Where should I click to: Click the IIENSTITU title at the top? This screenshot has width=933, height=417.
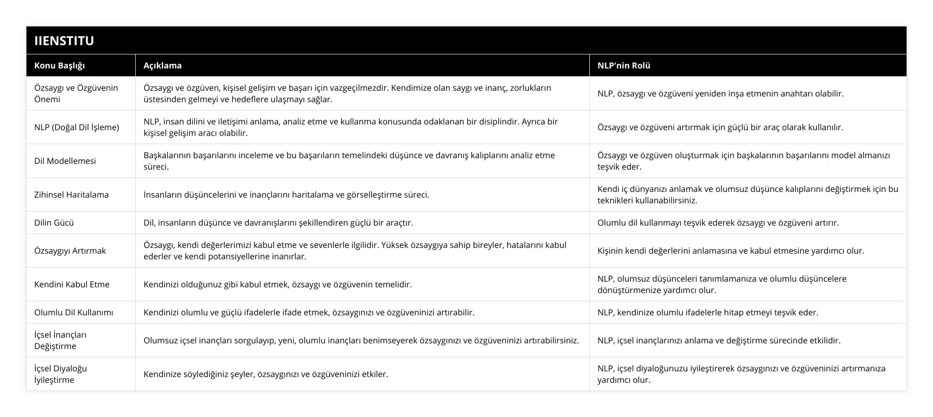point(64,40)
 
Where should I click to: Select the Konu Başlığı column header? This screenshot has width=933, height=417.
point(60,65)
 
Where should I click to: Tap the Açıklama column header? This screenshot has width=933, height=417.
point(162,65)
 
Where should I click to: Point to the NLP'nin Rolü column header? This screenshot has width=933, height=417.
point(624,65)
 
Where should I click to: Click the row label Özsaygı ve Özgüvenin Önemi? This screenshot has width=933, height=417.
point(76,93)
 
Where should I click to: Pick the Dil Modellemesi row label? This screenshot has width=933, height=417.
point(65,161)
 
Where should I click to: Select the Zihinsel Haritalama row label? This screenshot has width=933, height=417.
point(72,194)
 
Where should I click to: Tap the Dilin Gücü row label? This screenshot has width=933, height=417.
point(54,223)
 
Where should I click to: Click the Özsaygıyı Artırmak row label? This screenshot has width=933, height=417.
point(70,251)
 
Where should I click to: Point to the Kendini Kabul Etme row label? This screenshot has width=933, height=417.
point(72,284)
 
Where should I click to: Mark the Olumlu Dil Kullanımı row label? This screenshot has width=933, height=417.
point(74,312)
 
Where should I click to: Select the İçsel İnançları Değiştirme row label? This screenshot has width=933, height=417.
point(61,340)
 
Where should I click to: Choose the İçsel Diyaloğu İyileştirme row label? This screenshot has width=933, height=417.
point(61,374)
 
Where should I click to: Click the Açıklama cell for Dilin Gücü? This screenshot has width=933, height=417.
point(278,223)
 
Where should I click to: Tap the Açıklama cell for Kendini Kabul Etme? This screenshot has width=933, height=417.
point(277,284)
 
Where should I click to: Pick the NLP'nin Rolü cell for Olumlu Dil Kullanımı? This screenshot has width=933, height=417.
point(708,312)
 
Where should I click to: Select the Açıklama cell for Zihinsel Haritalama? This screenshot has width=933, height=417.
point(286,194)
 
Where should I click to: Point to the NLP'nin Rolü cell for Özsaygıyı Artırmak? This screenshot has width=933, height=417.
point(730,251)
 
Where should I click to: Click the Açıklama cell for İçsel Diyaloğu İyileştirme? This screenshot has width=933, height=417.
point(265,374)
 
